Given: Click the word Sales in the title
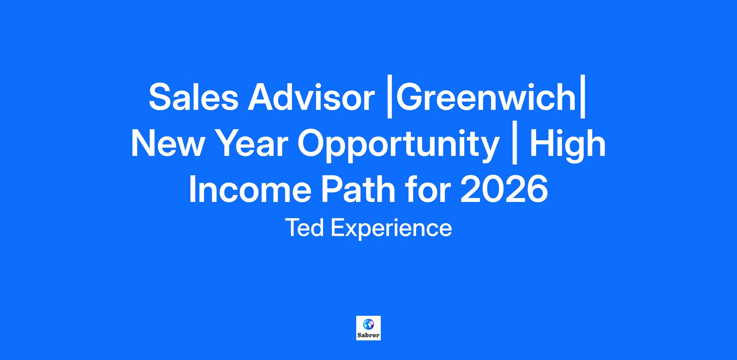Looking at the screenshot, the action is point(193,97).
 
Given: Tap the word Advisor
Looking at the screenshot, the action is point(311,97).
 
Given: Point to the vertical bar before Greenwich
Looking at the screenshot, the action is point(390,99).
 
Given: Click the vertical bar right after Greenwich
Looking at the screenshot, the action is point(582,99).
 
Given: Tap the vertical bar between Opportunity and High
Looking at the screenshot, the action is point(515,145).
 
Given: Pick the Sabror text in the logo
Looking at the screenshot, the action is point(368,335).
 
